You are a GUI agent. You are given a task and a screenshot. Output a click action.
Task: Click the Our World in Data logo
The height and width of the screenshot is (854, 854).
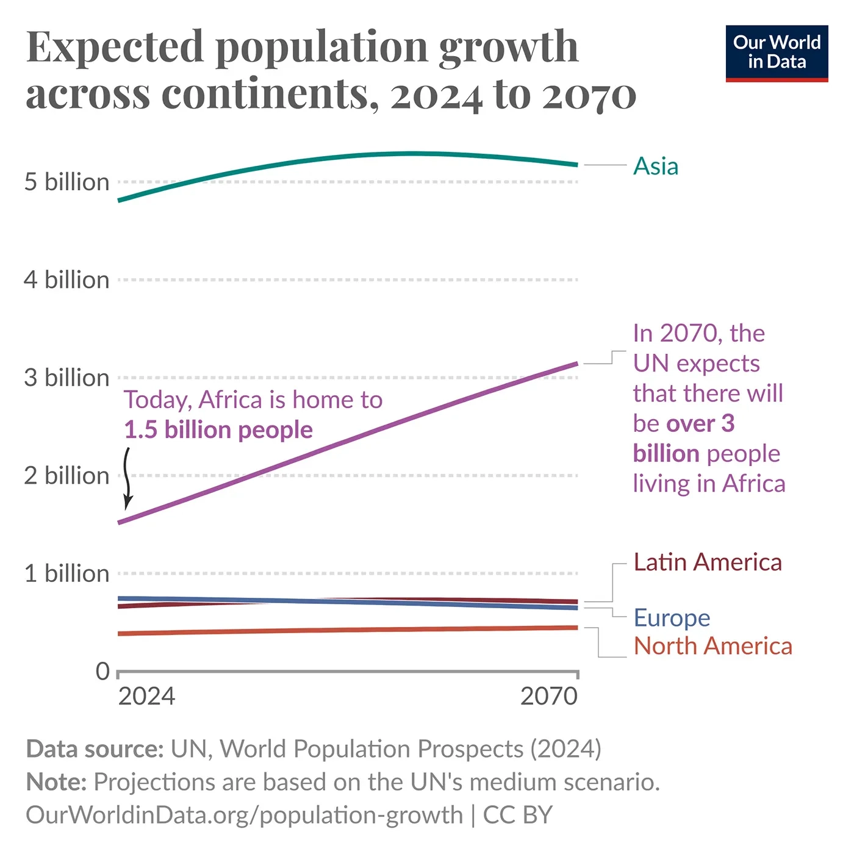coord(777,53)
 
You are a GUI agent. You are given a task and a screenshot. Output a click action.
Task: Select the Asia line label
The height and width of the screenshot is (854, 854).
coord(656,166)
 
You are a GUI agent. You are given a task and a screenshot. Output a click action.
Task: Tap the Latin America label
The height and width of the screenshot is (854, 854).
coord(708,562)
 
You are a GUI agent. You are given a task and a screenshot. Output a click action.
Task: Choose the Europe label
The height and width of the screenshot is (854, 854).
coord(672,618)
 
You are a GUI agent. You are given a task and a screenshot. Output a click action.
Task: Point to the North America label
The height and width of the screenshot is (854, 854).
coord(712,646)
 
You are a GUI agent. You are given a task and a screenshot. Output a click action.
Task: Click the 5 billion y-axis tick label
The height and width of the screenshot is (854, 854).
coord(66,182)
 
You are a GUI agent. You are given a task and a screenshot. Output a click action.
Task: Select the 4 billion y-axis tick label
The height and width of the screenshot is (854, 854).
coord(66,280)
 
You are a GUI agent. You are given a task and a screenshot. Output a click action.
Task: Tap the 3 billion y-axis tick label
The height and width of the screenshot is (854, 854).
coord(66,378)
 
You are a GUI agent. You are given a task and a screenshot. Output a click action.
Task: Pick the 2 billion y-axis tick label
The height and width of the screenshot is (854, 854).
coord(66,476)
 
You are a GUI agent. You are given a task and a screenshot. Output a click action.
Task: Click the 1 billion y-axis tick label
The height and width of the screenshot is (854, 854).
coord(66,574)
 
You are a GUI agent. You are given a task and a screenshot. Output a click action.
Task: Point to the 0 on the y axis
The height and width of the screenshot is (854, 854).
coord(102,672)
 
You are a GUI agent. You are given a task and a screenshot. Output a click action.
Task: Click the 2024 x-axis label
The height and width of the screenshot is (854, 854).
coord(146,697)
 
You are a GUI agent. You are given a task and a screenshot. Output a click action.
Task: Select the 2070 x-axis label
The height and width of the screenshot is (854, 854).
coord(548,697)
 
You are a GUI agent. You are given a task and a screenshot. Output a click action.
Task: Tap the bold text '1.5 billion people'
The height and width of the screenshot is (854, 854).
coord(218,430)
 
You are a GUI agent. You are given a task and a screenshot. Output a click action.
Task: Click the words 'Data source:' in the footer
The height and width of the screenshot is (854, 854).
coord(95,749)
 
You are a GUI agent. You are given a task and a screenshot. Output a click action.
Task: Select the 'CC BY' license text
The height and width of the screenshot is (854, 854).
coord(518,816)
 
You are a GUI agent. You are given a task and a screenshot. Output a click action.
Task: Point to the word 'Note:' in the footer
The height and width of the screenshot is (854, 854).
coord(56,782)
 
